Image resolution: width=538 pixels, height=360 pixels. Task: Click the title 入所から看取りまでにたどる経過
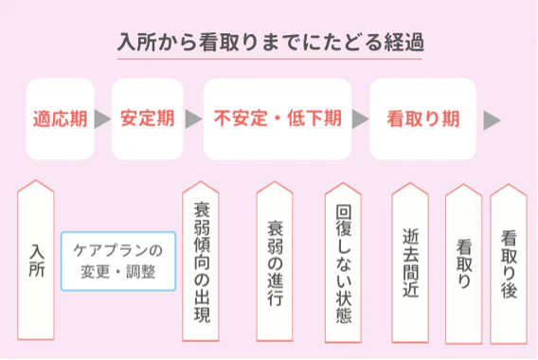tap(269, 44)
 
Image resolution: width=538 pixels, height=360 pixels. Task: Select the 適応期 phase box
tap(60, 119)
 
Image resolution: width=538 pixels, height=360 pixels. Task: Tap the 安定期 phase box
tap(146, 119)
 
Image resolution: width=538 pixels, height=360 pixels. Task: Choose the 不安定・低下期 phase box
tap(277, 119)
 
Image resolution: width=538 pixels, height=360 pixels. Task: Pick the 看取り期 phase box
tap(423, 119)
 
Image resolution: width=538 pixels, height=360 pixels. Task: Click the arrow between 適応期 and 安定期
tap(103, 119)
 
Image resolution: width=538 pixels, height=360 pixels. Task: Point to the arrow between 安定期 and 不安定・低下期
tap(193, 119)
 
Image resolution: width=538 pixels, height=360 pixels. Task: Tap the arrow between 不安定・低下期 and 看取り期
tap(360, 119)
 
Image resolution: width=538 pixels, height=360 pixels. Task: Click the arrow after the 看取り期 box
tap(492, 120)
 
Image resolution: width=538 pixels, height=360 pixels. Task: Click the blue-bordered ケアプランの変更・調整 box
tap(118, 261)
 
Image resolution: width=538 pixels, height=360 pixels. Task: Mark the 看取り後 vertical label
tap(508, 261)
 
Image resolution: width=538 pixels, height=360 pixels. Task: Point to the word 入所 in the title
tap(134, 44)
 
